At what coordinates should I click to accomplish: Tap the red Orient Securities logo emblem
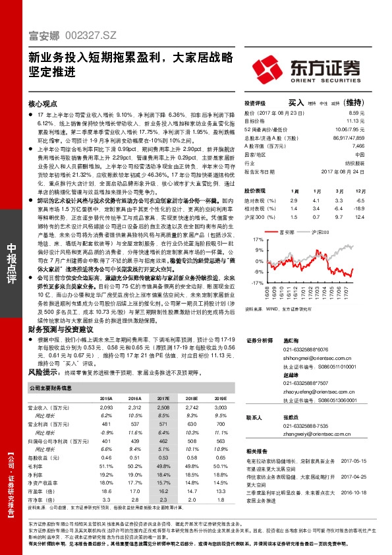coord(269,69)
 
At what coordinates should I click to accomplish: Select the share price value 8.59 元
coord(357,113)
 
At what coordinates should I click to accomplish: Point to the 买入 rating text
coord(296,103)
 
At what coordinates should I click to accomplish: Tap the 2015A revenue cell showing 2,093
coord(105,408)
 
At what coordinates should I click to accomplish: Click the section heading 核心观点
coord(42,104)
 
